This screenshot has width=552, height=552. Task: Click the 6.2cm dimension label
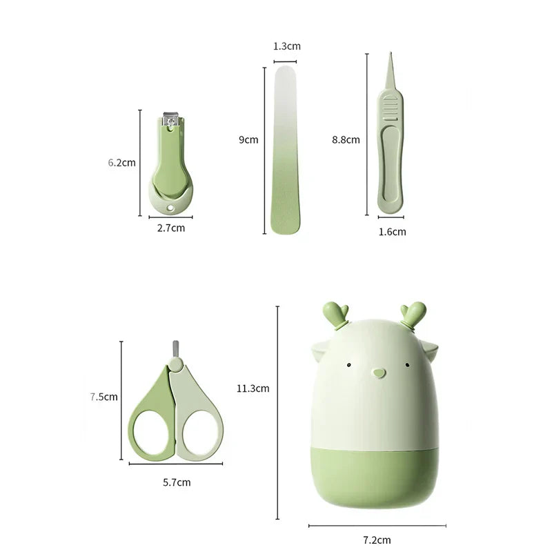pyautogui.click(x=122, y=163)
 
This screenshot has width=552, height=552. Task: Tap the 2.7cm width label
pyautogui.click(x=170, y=227)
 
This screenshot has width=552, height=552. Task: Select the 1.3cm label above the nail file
pyautogui.click(x=287, y=46)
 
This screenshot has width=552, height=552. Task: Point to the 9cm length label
pyautogui.click(x=248, y=139)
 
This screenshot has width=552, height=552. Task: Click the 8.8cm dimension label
pyautogui.click(x=346, y=139)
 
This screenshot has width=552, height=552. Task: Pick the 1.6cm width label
pyautogui.click(x=392, y=232)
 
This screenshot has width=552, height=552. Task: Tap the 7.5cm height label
pyautogui.click(x=103, y=397)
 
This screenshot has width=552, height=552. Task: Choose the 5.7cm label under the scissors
pyautogui.click(x=177, y=482)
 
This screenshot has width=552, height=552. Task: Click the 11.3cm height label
pyautogui.click(x=253, y=388)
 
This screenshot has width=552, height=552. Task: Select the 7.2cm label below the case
pyautogui.click(x=377, y=540)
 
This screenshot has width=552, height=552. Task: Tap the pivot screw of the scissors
pyautogui.click(x=176, y=362)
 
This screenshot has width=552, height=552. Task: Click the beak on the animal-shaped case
pyautogui.click(x=377, y=373)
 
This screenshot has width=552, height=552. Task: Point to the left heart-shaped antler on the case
pyautogui.click(x=337, y=312)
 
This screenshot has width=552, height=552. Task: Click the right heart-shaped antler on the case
pyautogui.click(x=416, y=312)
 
